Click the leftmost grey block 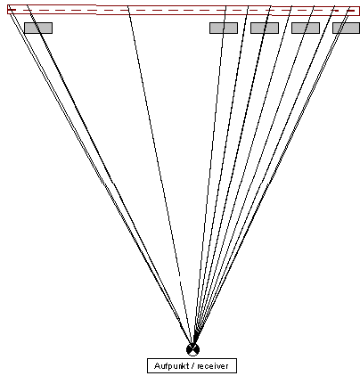[38, 28]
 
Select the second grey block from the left [224, 28]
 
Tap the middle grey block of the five [265, 28]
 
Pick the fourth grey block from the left [306, 28]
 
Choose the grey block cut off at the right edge [346, 28]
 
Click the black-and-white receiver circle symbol [192, 349]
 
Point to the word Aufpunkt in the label [168, 366]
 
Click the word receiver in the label [213, 366]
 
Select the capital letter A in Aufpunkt [157, 365]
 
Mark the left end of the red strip [8, 10]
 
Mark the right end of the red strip [359, 11]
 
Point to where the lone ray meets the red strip [128, 7]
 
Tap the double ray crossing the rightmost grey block [271, 177]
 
